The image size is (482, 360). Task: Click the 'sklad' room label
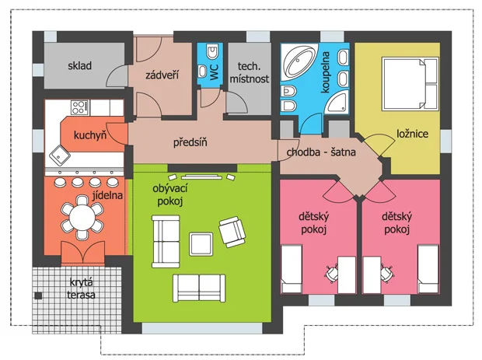click(x=79, y=65)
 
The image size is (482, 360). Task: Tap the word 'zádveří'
click(x=162, y=75)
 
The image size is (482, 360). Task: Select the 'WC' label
click(x=214, y=72)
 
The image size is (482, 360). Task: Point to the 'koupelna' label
click(x=325, y=72)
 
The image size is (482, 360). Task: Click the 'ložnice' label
click(x=412, y=134)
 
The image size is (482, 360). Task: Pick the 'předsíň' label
click(x=190, y=142)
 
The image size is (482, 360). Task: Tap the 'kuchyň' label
click(x=90, y=135)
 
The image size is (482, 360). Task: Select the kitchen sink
click(x=60, y=156)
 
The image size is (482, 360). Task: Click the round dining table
click(x=82, y=218)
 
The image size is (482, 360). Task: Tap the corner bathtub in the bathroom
click(x=300, y=62)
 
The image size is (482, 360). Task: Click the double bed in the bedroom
click(x=410, y=84)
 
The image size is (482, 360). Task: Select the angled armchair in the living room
click(x=232, y=232)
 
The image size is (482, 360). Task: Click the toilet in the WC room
click(x=212, y=51)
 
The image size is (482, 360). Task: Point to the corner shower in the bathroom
click(x=337, y=102)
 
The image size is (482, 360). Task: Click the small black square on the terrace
click(x=38, y=295)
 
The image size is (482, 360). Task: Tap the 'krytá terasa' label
click(x=81, y=288)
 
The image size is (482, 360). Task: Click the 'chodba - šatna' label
click(x=321, y=152)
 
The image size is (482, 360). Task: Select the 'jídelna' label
click(x=107, y=195)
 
